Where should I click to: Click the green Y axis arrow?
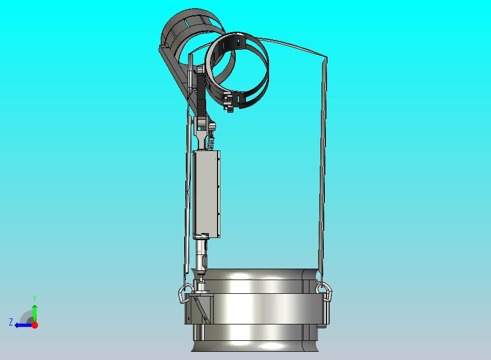coord(35,313)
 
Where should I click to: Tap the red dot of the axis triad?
coord(35,325)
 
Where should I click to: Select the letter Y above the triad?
coord(34,298)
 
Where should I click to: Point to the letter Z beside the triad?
coord(11,322)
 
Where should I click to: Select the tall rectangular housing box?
coord(206,194)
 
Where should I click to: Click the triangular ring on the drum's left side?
coord(185,293)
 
